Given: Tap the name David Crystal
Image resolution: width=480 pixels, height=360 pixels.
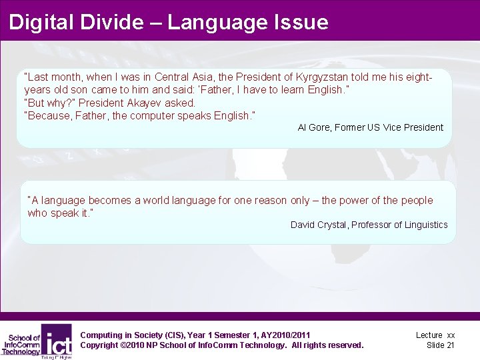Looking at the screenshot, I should pyautogui.click(x=319, y=225).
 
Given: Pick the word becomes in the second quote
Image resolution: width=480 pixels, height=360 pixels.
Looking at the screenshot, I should pyautogui.click(x=111, y=200).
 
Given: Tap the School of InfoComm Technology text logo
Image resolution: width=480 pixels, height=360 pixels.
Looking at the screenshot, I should pyautogui.click(x=21, y=343).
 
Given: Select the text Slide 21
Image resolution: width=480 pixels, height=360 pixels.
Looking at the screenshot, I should pyautogui.click(x=440, y=345).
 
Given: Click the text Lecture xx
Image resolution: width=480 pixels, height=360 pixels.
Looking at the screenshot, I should pyautogui.click(x=435, y=335).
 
